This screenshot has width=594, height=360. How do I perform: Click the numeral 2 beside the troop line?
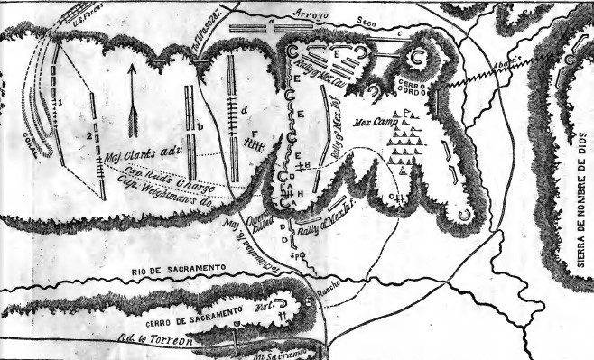tap(86, 136)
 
